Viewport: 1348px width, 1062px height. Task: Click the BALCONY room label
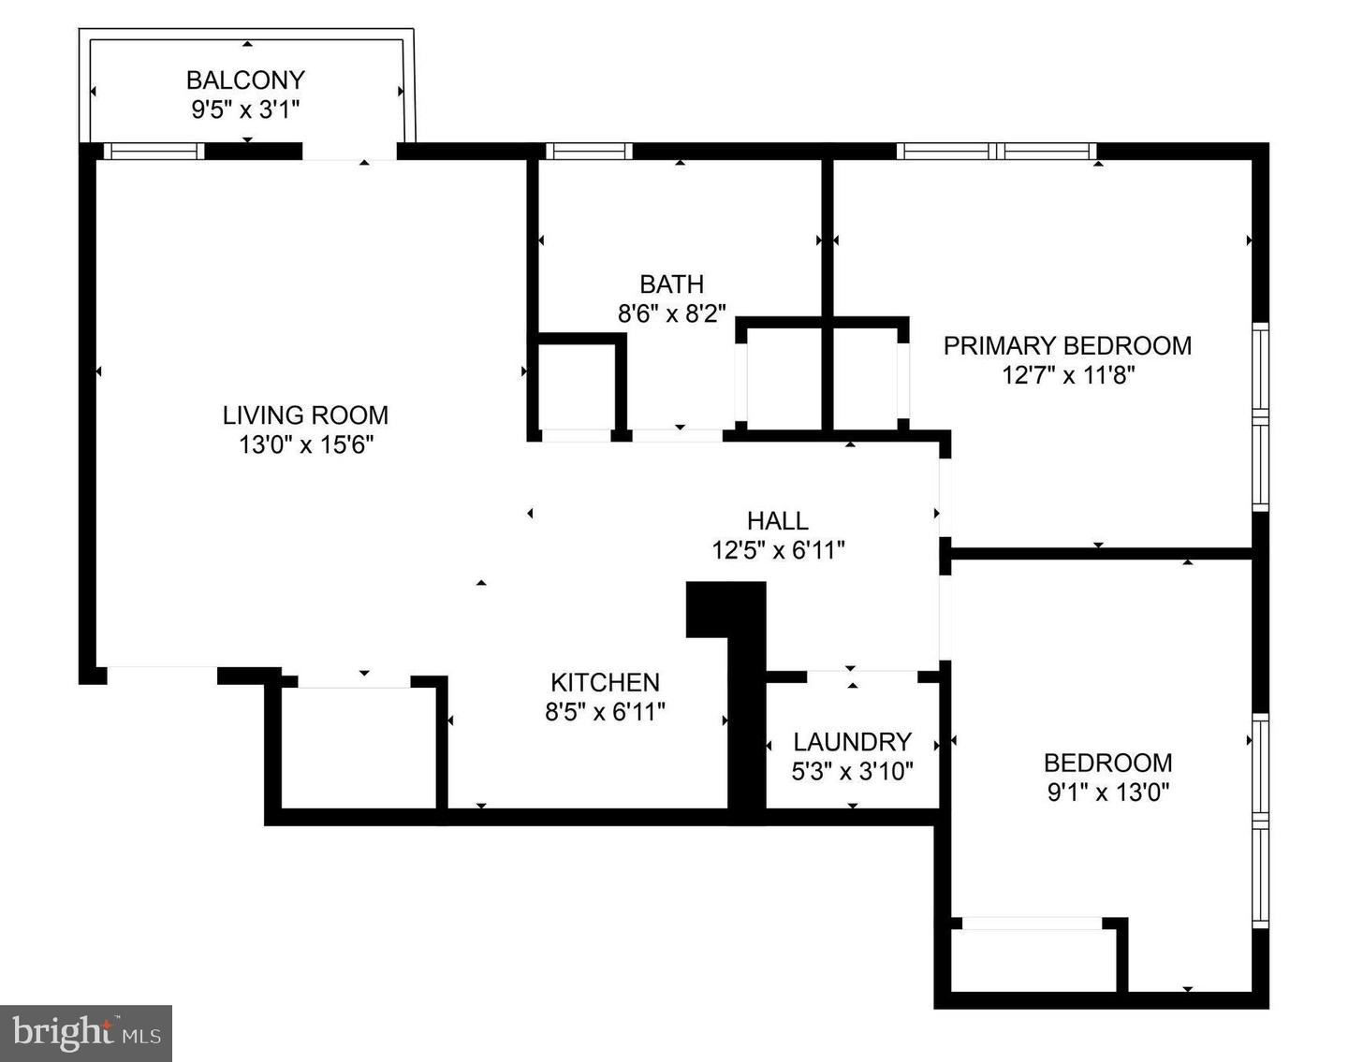tap(245, 80)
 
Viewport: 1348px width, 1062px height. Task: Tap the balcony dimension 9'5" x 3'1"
tap(245, 109)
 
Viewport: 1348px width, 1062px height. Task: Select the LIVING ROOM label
tap(305, 415)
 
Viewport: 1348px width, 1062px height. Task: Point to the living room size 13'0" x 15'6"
tap(306, 444)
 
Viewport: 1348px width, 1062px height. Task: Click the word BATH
tap(671, 284)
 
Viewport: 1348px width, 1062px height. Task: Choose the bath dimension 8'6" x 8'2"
tap(671, 313)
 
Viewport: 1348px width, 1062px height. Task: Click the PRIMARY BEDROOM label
tap(1067, 345)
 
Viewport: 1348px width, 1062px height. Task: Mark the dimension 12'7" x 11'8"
tap(1067, 375)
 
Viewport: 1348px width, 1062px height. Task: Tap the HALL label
tap(777, 520)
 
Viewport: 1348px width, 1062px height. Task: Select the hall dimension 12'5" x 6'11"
tap(778, 550)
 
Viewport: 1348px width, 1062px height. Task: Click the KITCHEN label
tap(605, 682)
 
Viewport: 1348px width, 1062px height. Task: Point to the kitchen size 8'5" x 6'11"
tap(605, 712)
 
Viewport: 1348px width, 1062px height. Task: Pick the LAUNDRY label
tap(852, 742)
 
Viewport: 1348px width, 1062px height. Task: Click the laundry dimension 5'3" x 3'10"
tap(852, 772)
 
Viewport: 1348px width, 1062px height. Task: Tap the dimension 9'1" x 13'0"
tap(1107, 793)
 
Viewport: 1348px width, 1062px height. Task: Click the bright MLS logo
tap(86, 1033)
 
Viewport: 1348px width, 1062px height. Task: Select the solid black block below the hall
tap(726, 609)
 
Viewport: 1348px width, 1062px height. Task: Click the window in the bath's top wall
tap(589, 151)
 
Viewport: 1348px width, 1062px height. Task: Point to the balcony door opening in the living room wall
tap(349, 152)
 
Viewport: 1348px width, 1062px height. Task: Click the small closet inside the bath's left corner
tap(574, 386)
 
